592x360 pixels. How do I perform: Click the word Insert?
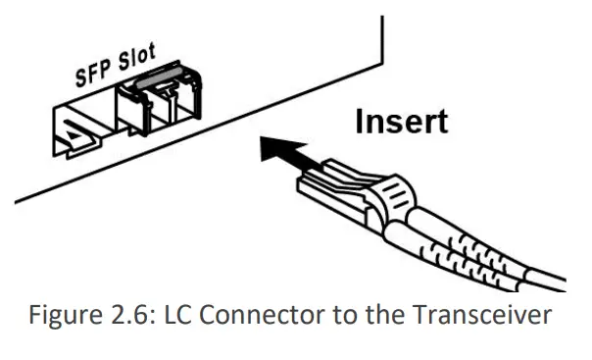[x=401, y=122]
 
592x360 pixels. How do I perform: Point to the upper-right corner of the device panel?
[x=377, y=18]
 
